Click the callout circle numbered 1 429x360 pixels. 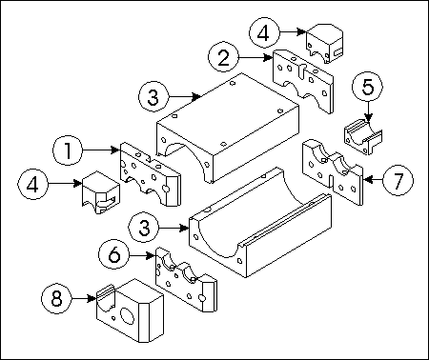click(x=68, y=150)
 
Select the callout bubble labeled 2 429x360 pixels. click(x=223, y=57)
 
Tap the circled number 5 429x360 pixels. click(x=368, y=87)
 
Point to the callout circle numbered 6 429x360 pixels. click(x=114, y=254)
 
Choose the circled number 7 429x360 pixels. click(x=398, y=180)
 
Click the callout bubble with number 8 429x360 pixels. click(x=56, y=299)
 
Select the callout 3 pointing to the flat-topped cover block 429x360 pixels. click(x=153, y=96)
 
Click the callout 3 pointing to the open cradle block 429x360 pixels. click(x=144, y=228)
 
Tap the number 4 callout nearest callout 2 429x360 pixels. click(x=264, y=32)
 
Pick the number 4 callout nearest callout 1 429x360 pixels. click(x=32, y=184)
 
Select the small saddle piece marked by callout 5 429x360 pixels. click(x=363, y=136)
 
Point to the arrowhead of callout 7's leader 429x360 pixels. click(x=367, y=180)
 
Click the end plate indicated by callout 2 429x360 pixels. click(x=303, y=82)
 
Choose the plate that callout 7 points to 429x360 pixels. click(x=333, y=171)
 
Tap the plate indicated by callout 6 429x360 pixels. click(x=186, y=280)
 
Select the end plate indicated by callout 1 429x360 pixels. click(x=151, y=174)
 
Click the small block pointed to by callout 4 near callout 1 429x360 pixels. click(x=101, y=192)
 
